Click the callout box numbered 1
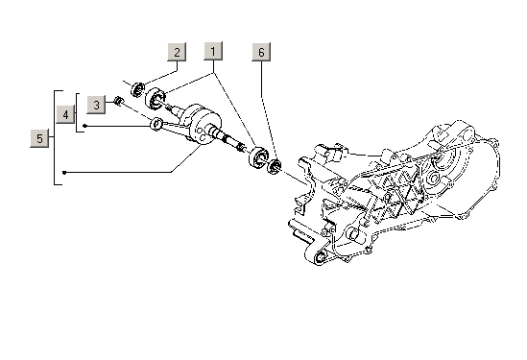click(x=213, y=51)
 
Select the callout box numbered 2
click(x=177, y=52)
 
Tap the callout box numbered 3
click(x=96, y=105)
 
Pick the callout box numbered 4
click(x=65, y=114)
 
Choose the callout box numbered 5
click(x=39, y=138)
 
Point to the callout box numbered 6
click(x=261, y=52)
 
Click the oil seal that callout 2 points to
click(x=137, y=89)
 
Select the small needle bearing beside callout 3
click(x=118, y=101)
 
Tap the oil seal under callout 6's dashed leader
click(x=274, y=166)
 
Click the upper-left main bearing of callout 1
click(x=156, y=98)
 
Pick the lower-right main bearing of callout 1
click(x=258, y=157)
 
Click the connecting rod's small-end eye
click(x=156, y=124)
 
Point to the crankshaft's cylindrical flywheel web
click(x=201, y=125)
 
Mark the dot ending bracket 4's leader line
click(x=84, y=126)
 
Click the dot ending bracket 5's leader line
click(x=64, y=173)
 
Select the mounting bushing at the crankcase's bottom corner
click(x=320, y=258)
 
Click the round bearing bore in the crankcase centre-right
click(x=434, y=179)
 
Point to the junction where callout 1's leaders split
click(x=213, y=73)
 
